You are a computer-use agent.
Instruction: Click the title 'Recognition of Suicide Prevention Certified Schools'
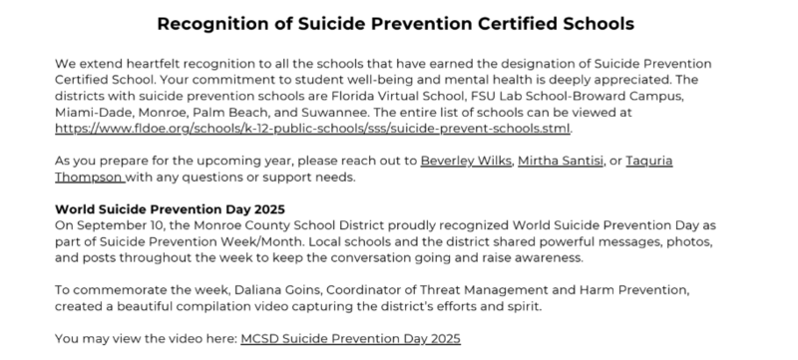(399, 22)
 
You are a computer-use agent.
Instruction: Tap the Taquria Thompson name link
(91, 179)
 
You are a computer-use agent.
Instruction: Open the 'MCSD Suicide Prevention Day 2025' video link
(350, 339)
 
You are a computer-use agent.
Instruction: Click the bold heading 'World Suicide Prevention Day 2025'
(170, 209)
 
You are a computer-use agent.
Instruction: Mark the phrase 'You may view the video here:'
(146, 339)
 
